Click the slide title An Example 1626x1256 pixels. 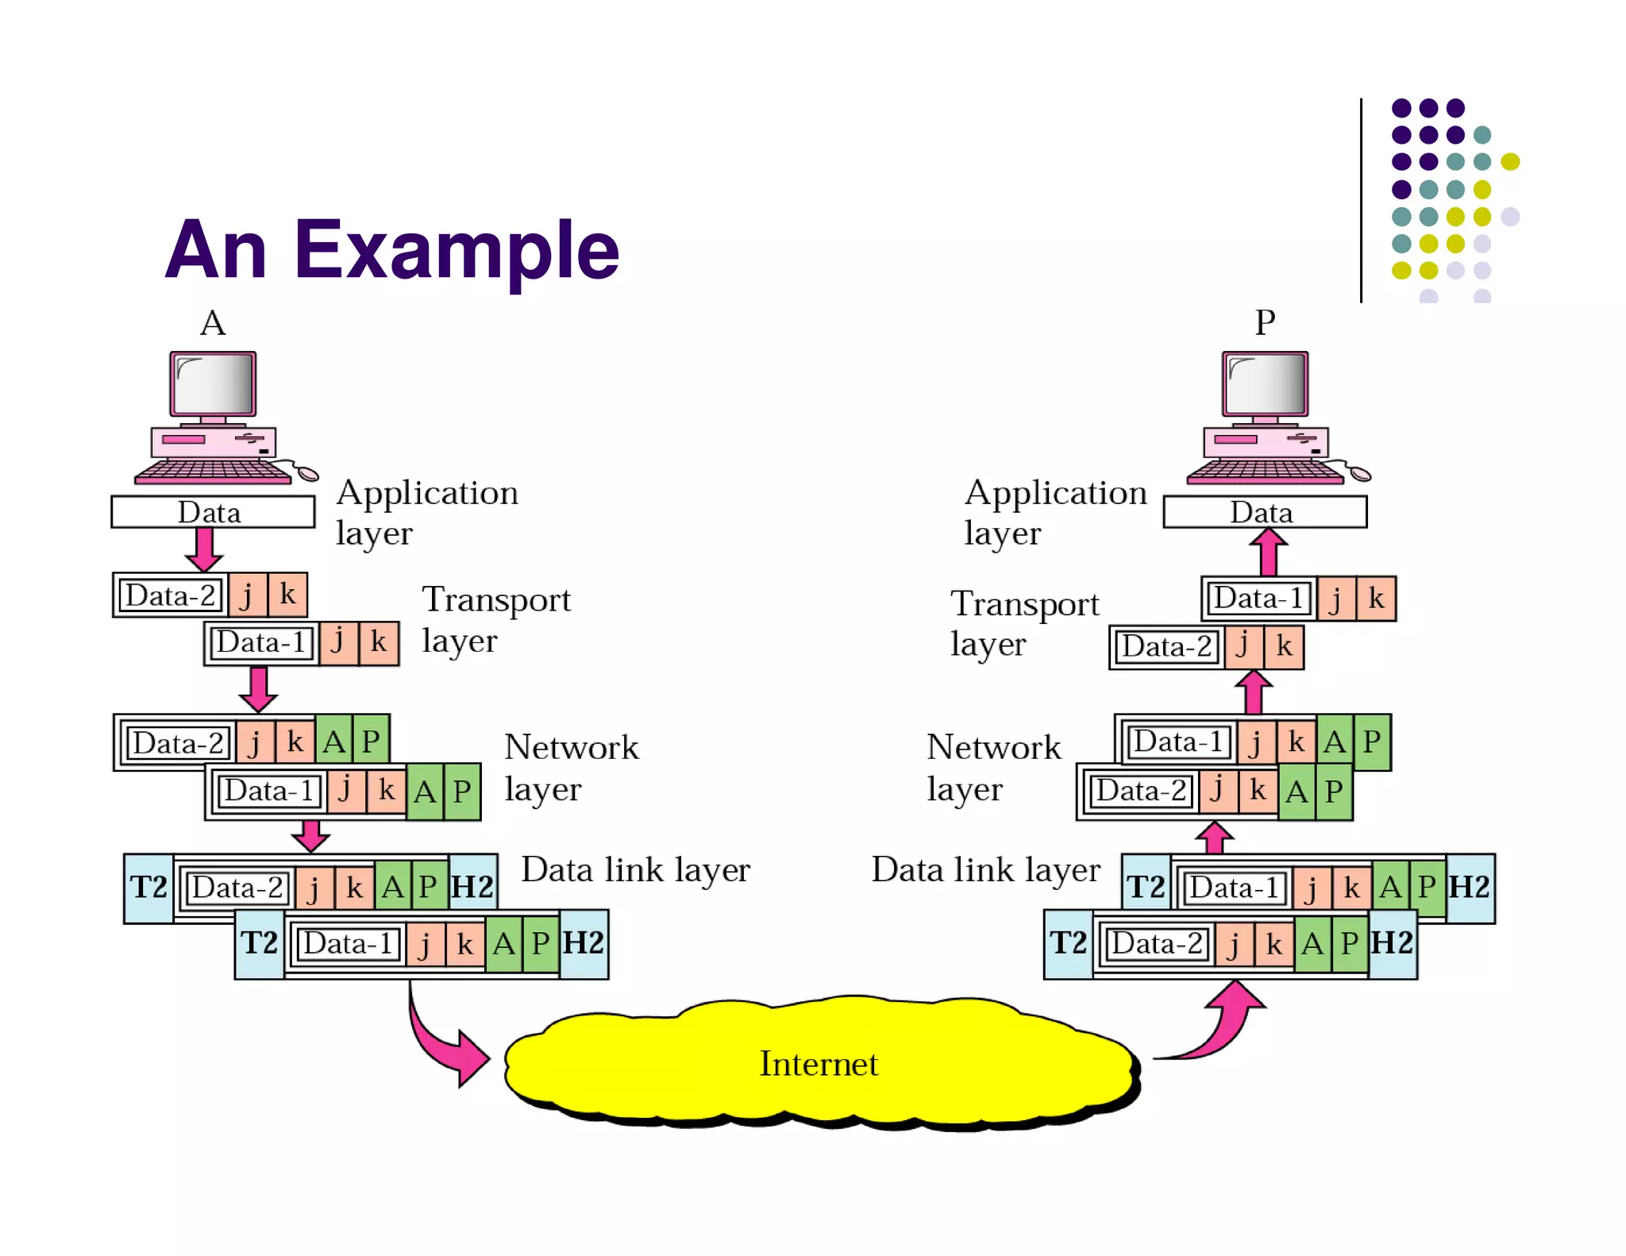coord(391,250)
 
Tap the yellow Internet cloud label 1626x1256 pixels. coord(819,1064)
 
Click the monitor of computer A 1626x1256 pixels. coord(213,383)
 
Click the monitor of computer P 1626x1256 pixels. coord(1265,383)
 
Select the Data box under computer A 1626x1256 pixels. coord(212,512)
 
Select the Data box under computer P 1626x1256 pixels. coord(1264,512)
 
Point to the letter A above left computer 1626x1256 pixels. coord(213,324)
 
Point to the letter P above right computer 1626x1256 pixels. coord(1265,323)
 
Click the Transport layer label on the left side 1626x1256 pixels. coord(495,620)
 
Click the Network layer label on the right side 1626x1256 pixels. coord(993,767)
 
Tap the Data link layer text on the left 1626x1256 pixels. coord(635,870)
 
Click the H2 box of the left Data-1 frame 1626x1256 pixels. coord(584,944)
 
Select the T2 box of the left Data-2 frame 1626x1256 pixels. coord(148,888)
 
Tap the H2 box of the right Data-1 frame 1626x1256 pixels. coord(1470,888)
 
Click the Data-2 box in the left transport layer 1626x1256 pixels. coord(170,595)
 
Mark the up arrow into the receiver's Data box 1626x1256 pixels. coord(1268,552)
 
